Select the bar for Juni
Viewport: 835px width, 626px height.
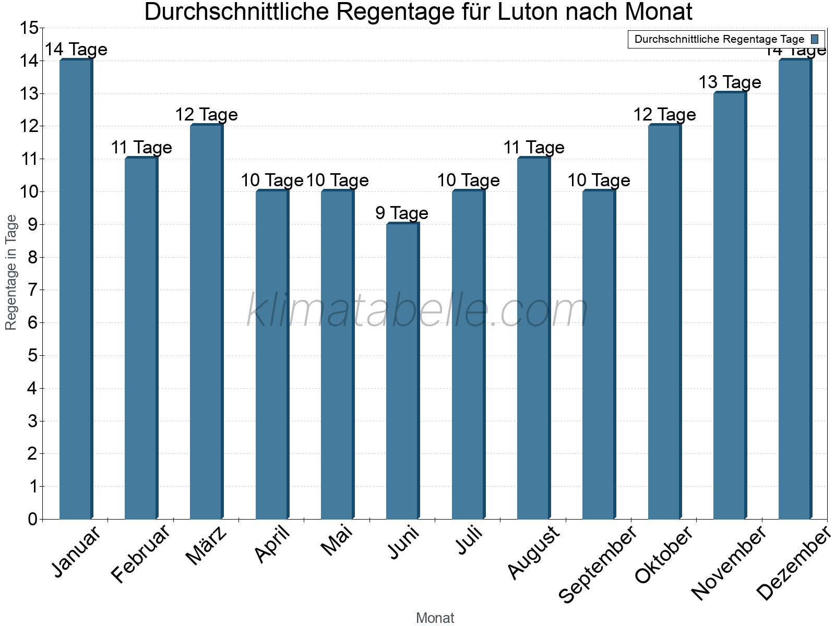click(x=402, y=371)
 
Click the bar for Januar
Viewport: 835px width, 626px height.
click(x=76, y=290)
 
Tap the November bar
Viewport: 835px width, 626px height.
click(x=730, y=306)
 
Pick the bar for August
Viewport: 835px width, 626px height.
click(x=533, y=339)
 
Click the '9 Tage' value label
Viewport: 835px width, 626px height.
click(x=402, y=213)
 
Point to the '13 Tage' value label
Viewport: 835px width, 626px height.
click(x=730, y=82)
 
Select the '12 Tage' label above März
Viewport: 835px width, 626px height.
click(x=206, y=115)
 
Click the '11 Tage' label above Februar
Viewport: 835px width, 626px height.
click(x=141, y=148)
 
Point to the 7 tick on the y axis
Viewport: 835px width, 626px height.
click(x=32, y=290)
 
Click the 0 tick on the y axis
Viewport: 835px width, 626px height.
click(x=32, y=519)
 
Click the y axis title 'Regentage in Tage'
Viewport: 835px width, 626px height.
click(x=11, y=272)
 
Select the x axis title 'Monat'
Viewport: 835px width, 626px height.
click(x=435, y=618)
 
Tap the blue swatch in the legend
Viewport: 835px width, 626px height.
click(x=815, y=39)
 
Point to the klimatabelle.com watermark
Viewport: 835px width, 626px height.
click(x=417, y=311)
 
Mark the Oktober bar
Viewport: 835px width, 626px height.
click(x=664, y=322)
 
